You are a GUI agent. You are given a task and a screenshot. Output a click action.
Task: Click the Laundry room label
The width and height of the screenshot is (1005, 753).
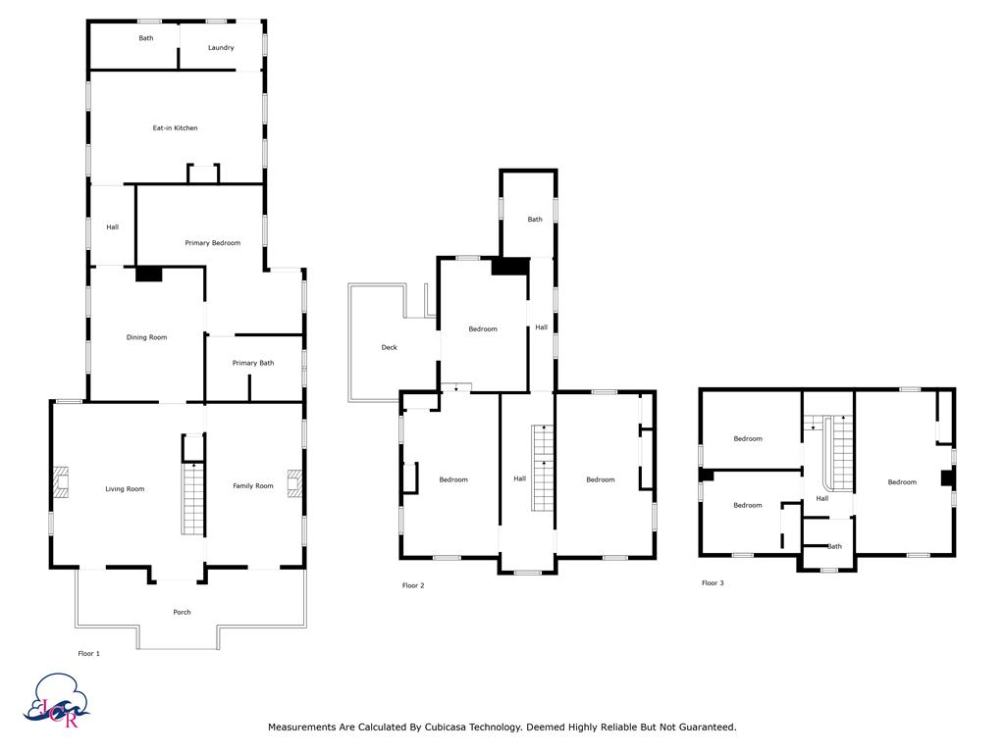coord(221,47)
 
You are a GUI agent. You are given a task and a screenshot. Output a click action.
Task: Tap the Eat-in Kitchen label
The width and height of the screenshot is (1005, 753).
coord(175,128)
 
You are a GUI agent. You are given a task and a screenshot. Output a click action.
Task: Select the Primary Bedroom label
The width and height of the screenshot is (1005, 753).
coord(213,243)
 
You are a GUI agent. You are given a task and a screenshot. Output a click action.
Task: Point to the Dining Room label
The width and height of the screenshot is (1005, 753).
coord(147,337)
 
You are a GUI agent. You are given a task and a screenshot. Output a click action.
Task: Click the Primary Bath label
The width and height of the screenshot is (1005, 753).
coord(253,363)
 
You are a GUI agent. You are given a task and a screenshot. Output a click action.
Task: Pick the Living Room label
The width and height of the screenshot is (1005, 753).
coord(125,489)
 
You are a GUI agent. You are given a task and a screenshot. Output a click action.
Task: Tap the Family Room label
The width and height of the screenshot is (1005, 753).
coord(253,486)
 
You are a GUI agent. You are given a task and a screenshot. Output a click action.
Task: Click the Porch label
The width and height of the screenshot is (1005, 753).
coord(182,612)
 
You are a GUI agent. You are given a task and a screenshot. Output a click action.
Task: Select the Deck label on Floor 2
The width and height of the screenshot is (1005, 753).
coord(389,348)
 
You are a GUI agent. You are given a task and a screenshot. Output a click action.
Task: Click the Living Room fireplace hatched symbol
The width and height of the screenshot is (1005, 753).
coord(61,482)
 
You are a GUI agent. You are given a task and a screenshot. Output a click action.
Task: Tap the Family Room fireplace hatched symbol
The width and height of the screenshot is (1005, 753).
coord(294,482)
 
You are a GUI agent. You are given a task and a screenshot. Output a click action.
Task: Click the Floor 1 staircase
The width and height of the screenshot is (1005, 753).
coord(193,499)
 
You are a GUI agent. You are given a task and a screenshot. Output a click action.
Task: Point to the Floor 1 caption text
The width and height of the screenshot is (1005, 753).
coord(89,654)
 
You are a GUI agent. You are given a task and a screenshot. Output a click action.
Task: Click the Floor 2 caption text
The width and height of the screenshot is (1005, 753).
coord(413,585)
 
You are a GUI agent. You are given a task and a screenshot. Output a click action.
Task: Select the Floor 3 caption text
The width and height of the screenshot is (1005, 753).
coord(713,582)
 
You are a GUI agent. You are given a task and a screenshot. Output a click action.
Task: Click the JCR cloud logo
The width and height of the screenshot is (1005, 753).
coord(56,700)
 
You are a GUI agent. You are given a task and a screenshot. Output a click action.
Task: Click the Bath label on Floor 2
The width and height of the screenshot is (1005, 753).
coord(535,219)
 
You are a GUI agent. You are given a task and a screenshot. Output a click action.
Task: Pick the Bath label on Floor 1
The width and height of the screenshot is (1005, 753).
coord(146,38)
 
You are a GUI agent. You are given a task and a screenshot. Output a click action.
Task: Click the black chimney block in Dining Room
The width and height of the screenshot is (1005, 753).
coord(149,275)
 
